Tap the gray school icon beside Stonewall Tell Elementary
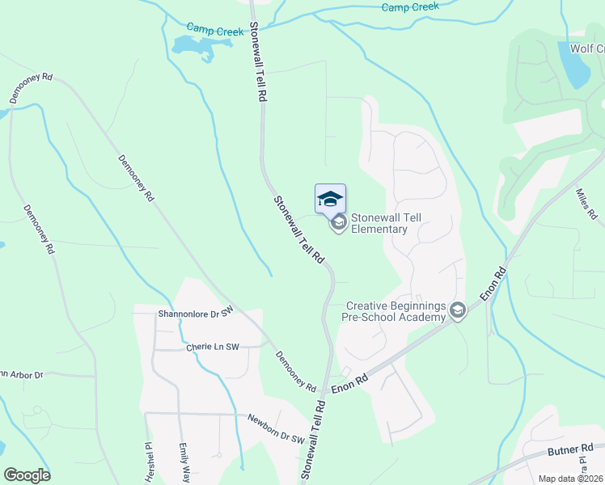339,221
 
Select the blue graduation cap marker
330,199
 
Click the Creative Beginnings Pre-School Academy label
396,311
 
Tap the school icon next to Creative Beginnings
458,311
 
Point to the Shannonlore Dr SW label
196,312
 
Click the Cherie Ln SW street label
213,347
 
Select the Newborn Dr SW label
276,429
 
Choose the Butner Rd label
570,449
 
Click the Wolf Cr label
587,48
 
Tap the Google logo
27,475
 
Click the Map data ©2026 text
570,479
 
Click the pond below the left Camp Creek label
193,48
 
